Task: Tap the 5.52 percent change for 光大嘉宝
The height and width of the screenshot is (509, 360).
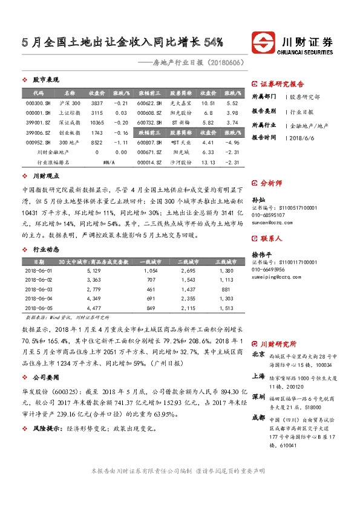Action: click(x=232, y=103)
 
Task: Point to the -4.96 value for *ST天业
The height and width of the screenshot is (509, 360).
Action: click(x=232, y=141)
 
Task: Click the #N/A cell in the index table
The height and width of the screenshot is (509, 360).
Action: click(x=109, y=163)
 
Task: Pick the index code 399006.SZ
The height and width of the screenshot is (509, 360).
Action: click(x=38, y=132)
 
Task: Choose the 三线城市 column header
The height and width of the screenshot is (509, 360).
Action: click(x=225, y=261)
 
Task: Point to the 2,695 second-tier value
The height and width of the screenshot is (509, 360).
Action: click(x=188, y=271)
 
